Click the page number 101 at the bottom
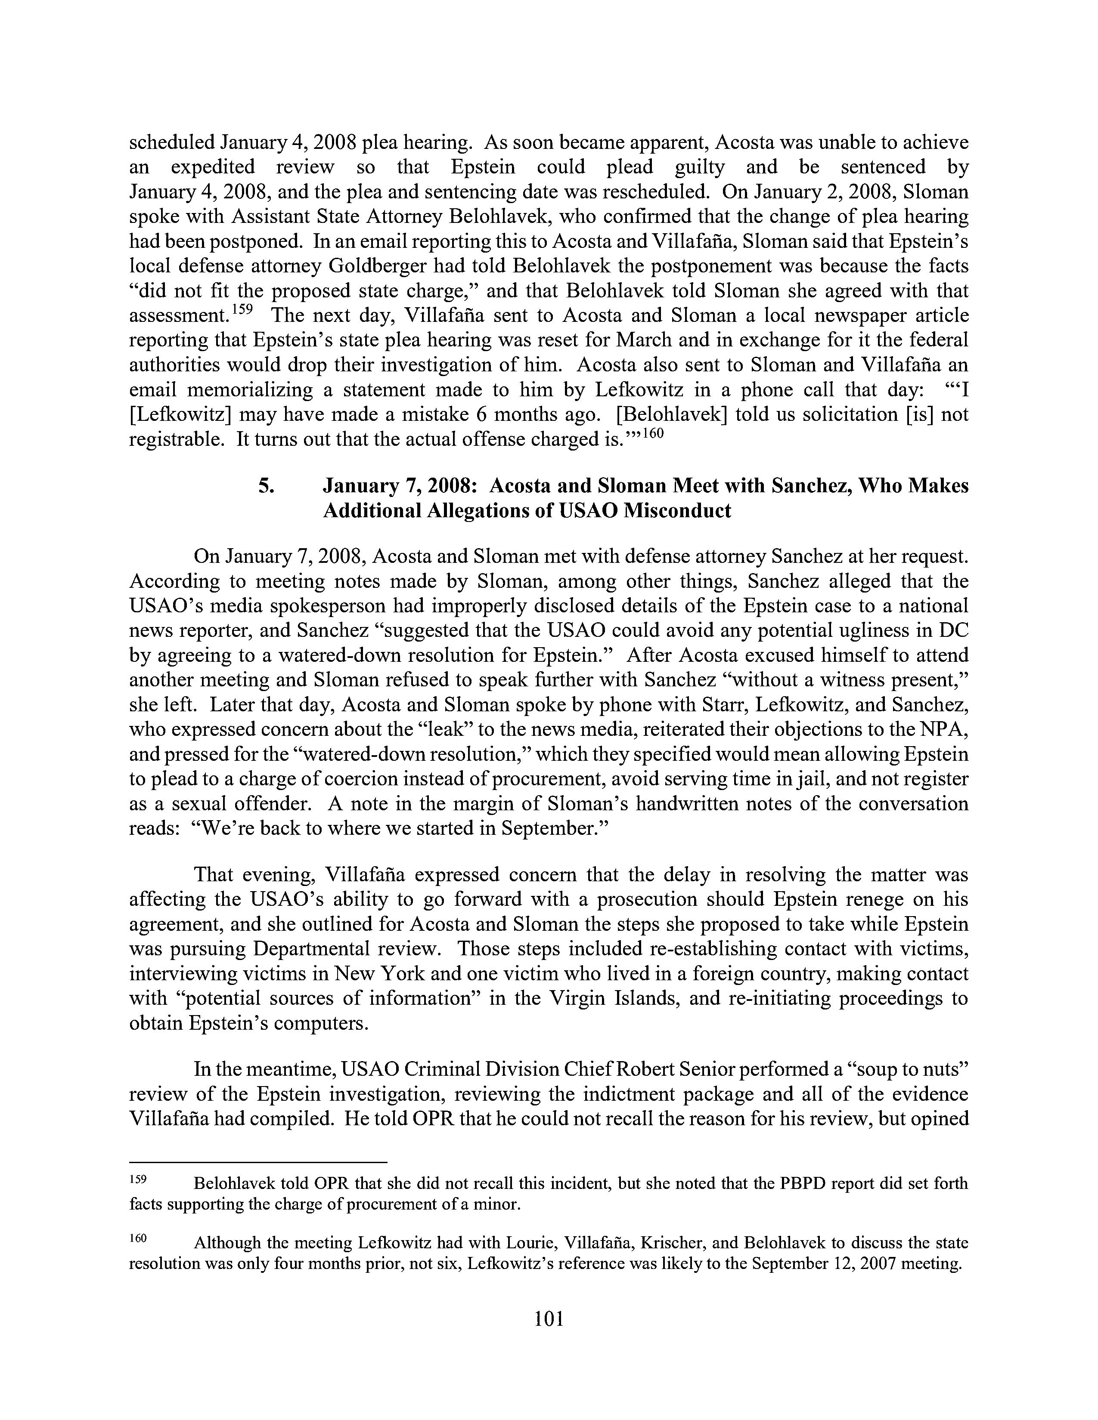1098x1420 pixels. (x=548, y=1318)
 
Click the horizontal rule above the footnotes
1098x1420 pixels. (x=258, y=1161)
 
